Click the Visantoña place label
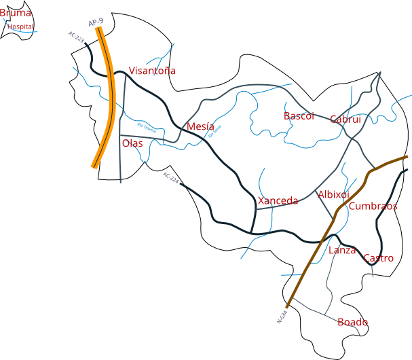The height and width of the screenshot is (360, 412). pos(152,71)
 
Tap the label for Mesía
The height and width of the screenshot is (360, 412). pos(200,126)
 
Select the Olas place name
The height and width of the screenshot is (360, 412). pos(132,143)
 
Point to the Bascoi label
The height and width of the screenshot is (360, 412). pos(299,116)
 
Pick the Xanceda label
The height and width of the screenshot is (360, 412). pos(278,201)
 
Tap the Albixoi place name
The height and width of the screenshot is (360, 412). pos(333,195)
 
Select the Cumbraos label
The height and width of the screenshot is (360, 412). pos(373,206)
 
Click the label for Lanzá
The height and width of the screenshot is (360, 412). pos(342,250)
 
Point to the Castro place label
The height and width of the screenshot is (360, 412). pos(378,258)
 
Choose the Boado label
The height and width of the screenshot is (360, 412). pos(352,322)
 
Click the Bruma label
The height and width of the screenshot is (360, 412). pos(16,13)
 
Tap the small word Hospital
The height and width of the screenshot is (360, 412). pos(20,26)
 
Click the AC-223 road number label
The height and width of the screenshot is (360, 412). pos(76,38)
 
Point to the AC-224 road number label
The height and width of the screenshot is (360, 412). pos(170,178)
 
